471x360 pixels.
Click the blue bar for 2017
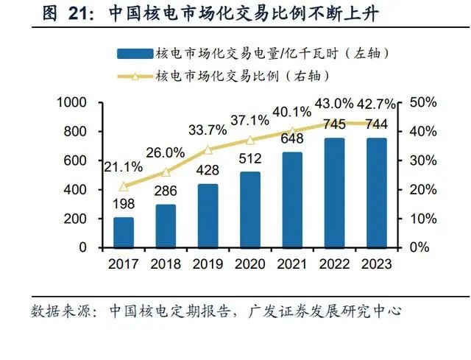tap(124, 233)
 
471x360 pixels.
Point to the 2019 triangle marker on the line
tap(208, 149)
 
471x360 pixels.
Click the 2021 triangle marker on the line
tap(292, 132)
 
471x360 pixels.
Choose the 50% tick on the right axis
tap(423, 102)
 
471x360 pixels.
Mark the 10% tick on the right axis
tap(423, 219)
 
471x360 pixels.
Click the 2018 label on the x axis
tap(166, 264)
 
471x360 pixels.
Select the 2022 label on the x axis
tap(333, 264)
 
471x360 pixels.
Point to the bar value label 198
tap(124, 202)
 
